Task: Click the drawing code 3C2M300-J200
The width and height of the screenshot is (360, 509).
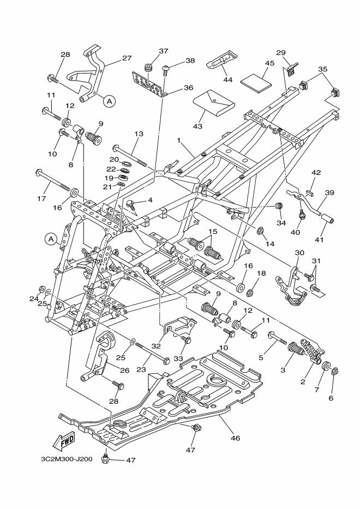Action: pyautogui.click(x=67, y=459)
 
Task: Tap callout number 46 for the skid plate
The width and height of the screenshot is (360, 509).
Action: pyautogui.click(x=235, y=438)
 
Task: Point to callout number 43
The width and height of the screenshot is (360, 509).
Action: pyautogui.click(x=197, y=126)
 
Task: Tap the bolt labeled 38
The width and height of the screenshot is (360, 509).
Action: pyautogui.click(x=166, y=69)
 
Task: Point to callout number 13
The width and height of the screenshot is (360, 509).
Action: pyautogui.click(x=139, y=134)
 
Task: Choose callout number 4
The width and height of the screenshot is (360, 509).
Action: pyautogui.click(x=149, y=200)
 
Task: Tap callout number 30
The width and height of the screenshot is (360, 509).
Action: pyautogui.click(x=299, y=253)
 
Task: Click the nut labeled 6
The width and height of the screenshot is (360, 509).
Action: pyautogui.click(x=334, y=372)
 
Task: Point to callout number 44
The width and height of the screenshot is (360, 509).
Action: pyautogui.click(x=228, y=80)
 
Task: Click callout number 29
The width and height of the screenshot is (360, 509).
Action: pyautogui.click(x=281, y=52)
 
